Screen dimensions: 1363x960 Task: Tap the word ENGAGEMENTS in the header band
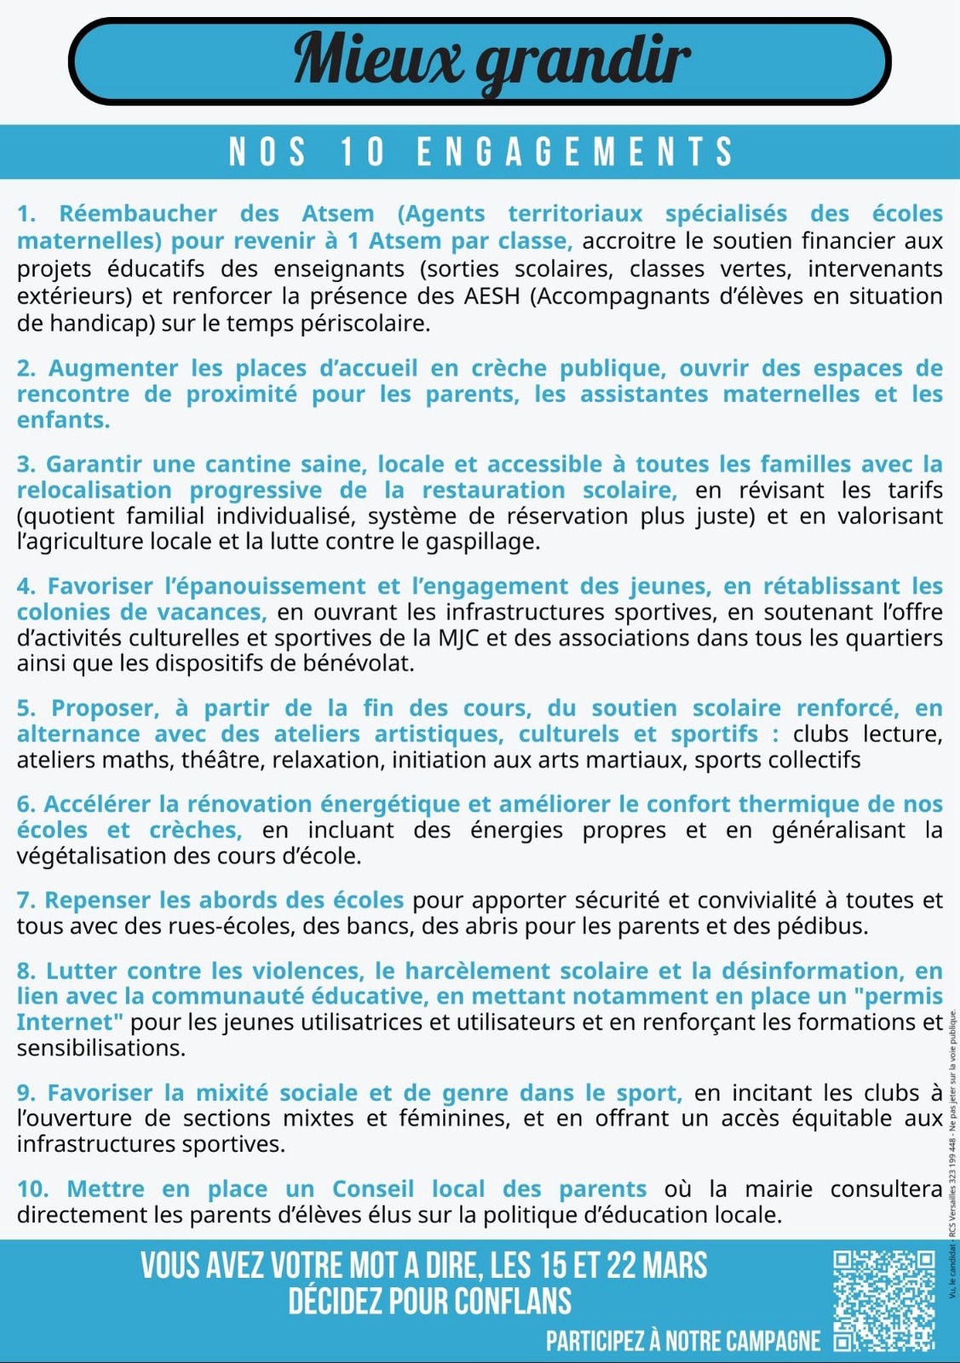coord(575,152)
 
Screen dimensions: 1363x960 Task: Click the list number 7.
coord(26,900)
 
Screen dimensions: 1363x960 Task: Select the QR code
coord(883,1300)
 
